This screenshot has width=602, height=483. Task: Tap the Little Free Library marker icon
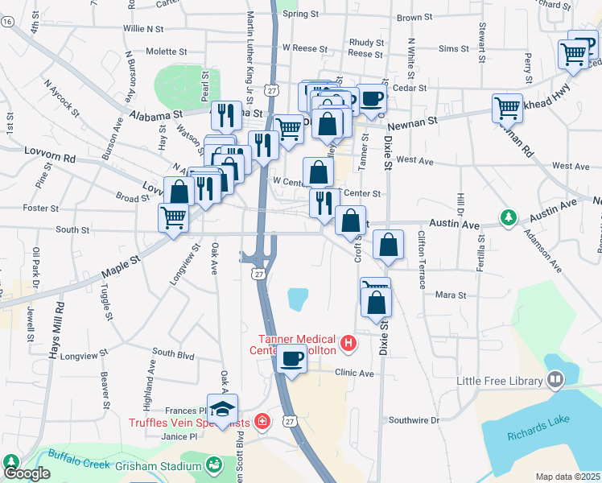pos(555,379)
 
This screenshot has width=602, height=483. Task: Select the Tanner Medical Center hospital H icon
pos(348,344)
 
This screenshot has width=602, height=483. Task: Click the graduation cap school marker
pos(223,408)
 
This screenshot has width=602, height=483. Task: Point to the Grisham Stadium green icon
pos(212,464)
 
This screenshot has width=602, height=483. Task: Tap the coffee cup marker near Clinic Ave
pos(291,358)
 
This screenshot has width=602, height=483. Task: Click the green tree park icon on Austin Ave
pos(508,217)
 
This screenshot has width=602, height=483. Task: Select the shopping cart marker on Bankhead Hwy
pos(507,107)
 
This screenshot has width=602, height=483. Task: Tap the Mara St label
pos(451,295)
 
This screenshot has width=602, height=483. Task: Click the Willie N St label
pos(143,28)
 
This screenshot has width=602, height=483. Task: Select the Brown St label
pos(414,17)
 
